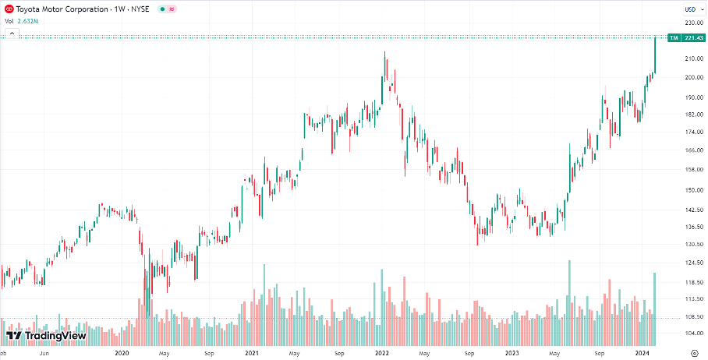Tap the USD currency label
click(x=689, y=9)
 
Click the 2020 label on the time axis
click(x=121, y=353)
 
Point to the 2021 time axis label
click(x=251, y=353)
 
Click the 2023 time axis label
click(x=512, y=353)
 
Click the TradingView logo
click(x=46, y=336)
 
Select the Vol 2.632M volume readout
click(x=21, y=21)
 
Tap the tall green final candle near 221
click(x=655, y=55)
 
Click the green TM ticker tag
click(x=674, y=37)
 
